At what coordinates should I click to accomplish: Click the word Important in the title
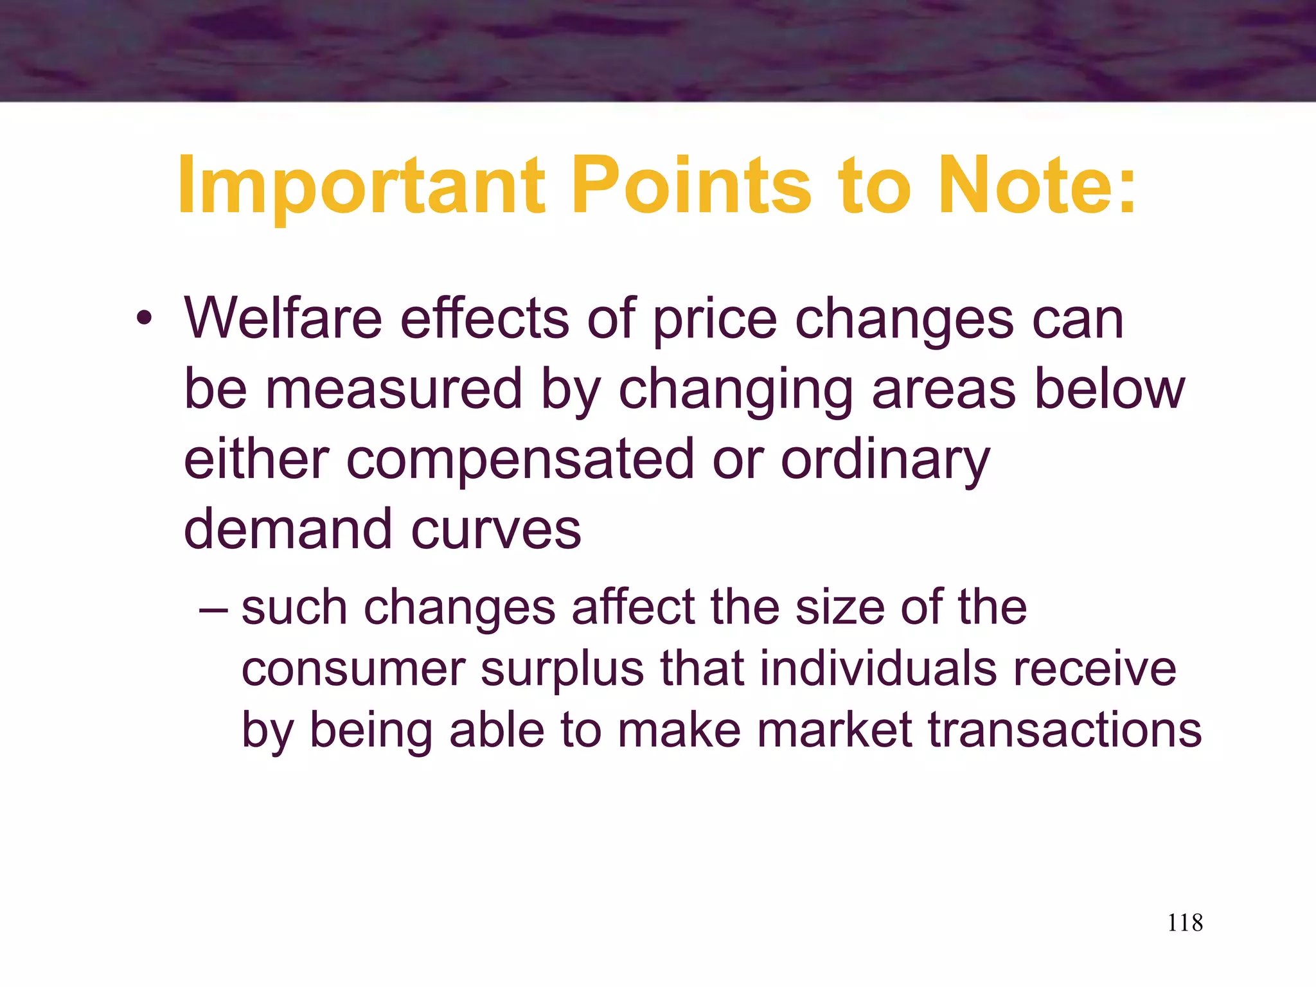click(361, 186)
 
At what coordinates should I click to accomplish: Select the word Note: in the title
click(1036, 186)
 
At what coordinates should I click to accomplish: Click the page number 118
click(1184, 923)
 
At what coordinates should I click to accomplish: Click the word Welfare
click(283, 319)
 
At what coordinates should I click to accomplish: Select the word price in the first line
click(715, 319)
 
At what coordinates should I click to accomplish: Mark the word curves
click(495, 529)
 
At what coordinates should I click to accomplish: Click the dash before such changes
click(213, 608)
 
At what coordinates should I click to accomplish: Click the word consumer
click(353, 669)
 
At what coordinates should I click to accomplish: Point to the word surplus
click(562, 669)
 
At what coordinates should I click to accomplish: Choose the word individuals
click(878, 669)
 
